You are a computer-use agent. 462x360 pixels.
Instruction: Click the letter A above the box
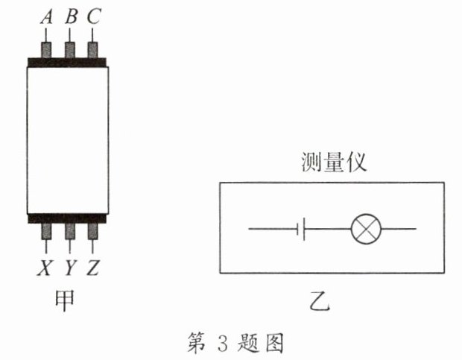pos(47,16)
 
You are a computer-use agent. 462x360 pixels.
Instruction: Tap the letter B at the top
pos(71,16)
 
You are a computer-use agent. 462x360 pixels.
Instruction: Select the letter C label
pos(93,16)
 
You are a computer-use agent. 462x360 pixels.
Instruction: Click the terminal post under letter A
pos(47,49)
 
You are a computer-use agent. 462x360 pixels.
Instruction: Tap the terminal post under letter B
pos(70,49)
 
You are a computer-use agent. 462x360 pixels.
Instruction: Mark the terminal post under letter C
pos(93,49)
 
